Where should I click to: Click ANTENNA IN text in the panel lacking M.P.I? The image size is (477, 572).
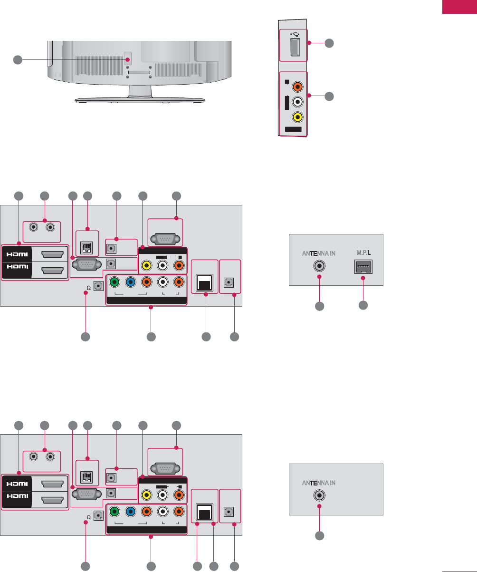pos(319,482)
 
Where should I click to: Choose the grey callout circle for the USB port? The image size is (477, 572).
pos(329,43)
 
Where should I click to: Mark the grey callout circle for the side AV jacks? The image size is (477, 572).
pos(329,97)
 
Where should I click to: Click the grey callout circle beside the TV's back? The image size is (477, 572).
pos(18,59)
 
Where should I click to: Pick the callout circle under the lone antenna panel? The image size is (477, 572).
pos(320,535)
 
